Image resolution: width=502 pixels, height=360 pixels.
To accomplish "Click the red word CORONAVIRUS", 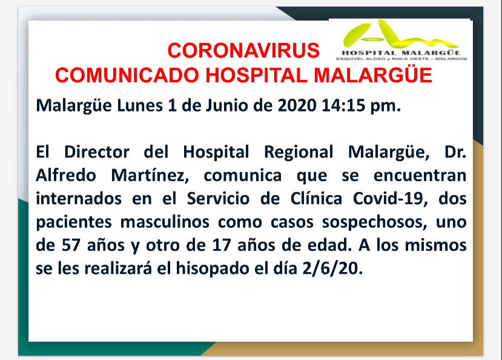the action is coord(243,50).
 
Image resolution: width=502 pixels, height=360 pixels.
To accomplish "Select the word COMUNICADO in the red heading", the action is coord(127,75).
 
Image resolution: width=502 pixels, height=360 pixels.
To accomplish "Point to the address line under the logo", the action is coord(402,59).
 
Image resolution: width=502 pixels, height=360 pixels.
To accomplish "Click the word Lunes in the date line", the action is coord(140,105).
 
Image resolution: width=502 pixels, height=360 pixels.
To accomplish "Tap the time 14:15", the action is coord(343,105).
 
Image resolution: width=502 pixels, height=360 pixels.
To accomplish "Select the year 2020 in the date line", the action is coord(297,105).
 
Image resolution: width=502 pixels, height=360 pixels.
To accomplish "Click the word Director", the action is coord(97,152).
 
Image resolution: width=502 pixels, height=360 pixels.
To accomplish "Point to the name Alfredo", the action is coord(66,175).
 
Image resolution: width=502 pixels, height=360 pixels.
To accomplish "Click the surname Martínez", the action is coord(150,176).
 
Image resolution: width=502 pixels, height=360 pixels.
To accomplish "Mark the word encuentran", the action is coord(420,176).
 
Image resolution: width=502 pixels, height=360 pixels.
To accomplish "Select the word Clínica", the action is coord(316,199).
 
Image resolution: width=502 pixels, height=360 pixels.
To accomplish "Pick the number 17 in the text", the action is coord(221,245).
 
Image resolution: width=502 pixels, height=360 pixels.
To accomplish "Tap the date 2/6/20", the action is coord(332,268).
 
